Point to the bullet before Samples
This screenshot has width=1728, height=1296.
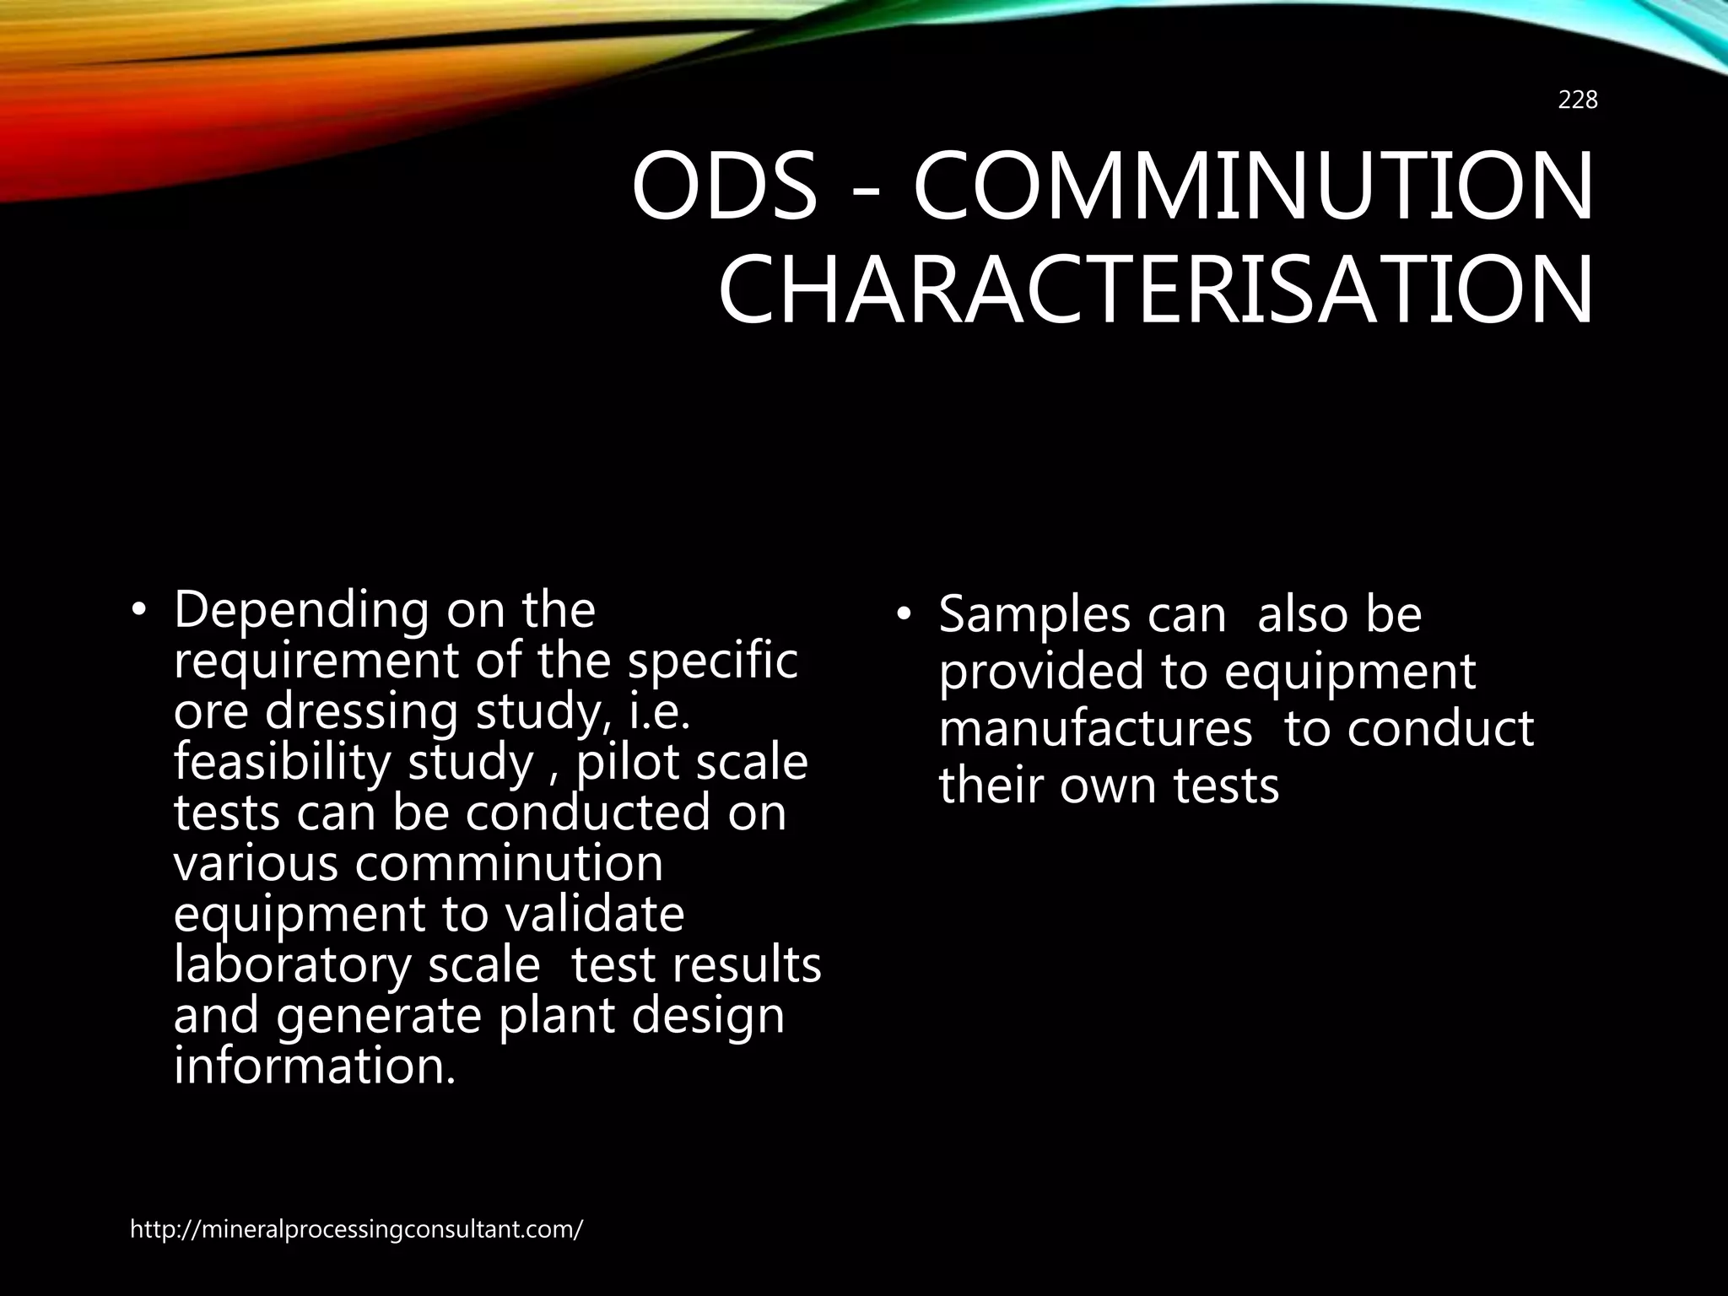point(904,617)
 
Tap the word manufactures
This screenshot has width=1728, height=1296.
point(1095,728)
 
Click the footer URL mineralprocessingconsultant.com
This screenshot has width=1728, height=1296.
point(356,1229)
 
